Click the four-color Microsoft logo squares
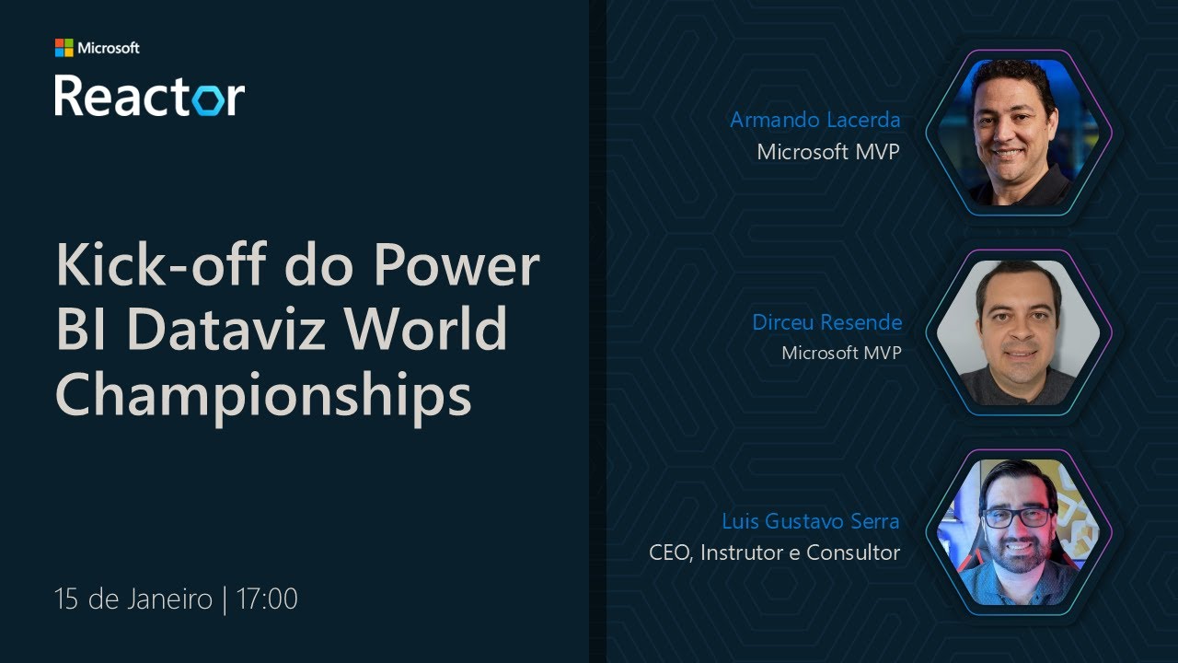64,48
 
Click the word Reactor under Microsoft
149,96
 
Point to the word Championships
263,396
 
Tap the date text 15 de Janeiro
133,599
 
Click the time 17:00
267,599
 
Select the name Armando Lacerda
814,120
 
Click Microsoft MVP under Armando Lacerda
827,152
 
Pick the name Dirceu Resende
826,322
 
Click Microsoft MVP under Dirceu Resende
840,353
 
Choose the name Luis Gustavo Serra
810,521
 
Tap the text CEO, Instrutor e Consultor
774,552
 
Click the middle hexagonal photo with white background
1018,333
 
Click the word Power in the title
456,265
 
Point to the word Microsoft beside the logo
109,48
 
